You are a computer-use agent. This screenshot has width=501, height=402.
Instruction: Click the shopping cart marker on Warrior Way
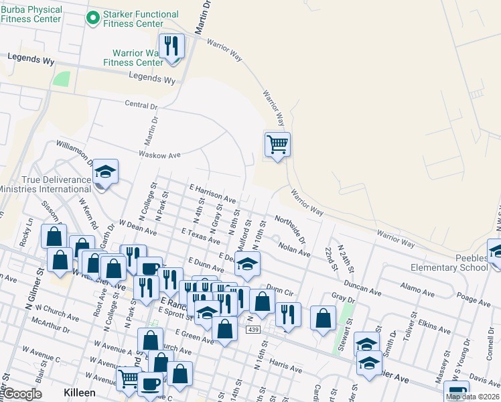[277, 145]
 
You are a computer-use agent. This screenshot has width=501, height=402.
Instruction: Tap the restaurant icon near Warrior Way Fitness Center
[172, 47]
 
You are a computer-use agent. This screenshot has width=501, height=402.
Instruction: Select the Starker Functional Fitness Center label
[141, 19]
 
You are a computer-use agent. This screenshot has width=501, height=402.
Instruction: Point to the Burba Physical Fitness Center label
[31, 14]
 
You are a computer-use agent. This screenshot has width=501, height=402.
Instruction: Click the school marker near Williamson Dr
[105, 173]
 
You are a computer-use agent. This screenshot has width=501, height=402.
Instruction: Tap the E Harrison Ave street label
[213, 194]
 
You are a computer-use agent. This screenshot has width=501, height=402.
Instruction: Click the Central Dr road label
[141, 105]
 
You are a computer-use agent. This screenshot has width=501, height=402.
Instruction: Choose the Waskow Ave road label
[159, 155]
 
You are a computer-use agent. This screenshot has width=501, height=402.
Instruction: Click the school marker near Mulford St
[247, 265]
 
